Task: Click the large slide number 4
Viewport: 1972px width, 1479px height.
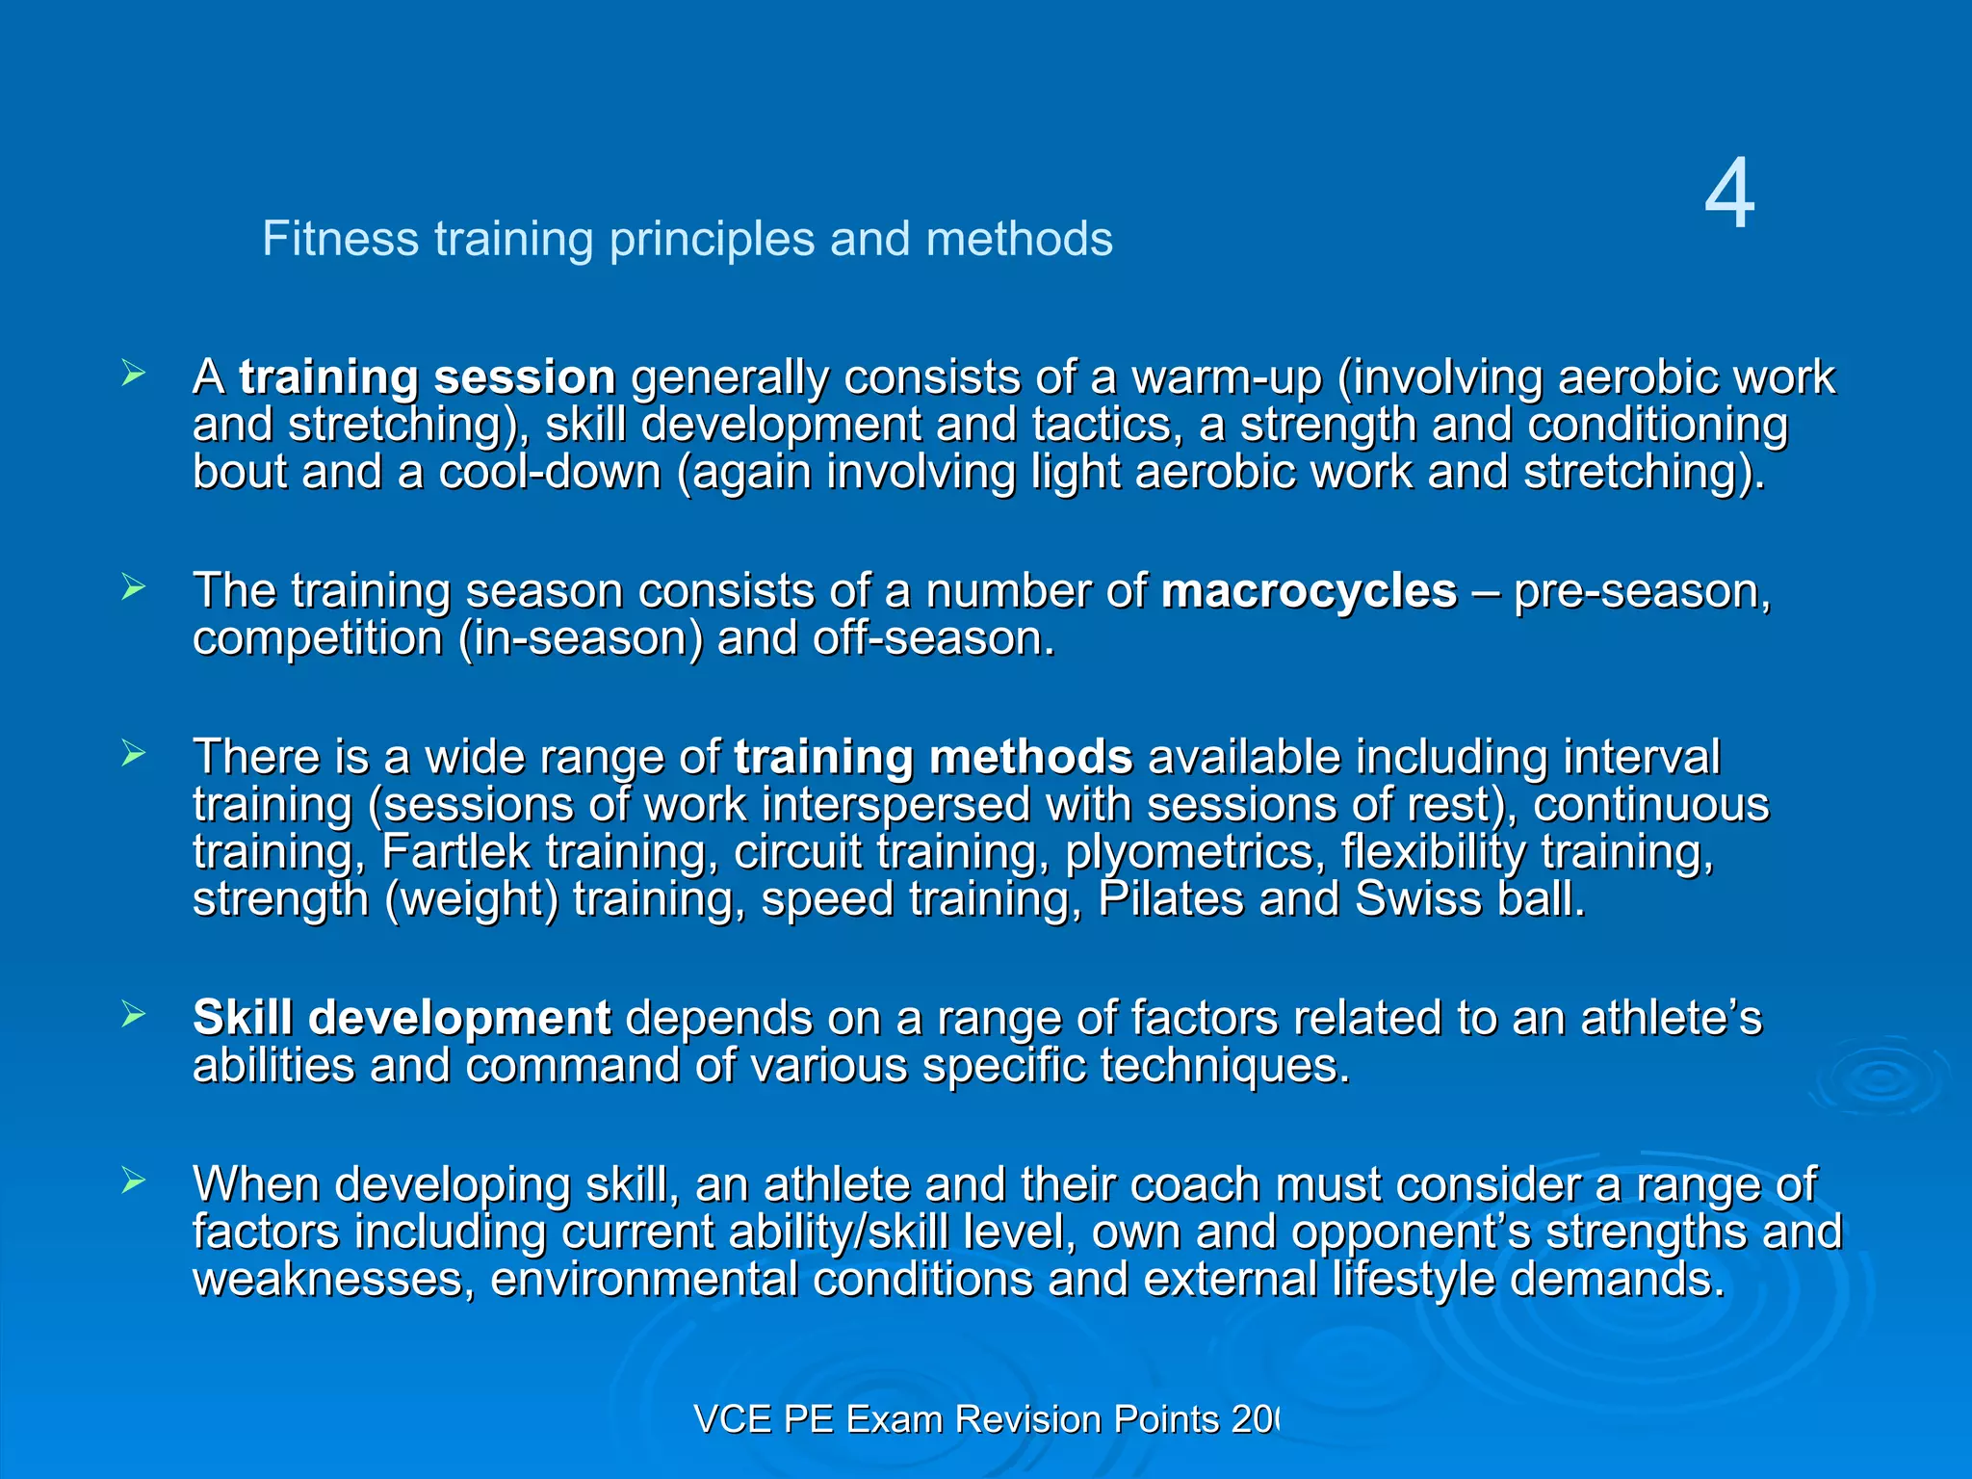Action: (1729, 195)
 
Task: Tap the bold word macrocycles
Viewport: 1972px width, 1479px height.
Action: (1309, 591)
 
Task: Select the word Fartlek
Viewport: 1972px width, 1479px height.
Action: (455, 852)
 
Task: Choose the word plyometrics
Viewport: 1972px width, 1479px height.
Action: (1189, 852)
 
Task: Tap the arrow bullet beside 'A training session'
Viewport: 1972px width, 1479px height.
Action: (134, 374)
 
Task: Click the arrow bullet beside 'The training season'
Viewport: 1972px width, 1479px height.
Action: (134, 587)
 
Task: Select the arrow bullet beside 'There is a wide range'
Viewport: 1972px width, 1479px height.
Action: (134, 753)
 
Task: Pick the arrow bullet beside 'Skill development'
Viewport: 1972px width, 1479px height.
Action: (134, 1014)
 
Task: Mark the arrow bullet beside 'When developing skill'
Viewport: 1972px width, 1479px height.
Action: (134, 1181)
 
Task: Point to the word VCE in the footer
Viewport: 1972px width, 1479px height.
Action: (733, 1419)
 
